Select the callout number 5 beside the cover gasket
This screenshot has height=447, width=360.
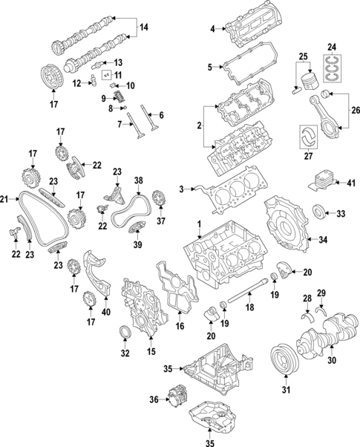coord(211,68)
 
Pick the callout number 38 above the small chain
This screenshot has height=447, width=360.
coord(138,180)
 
